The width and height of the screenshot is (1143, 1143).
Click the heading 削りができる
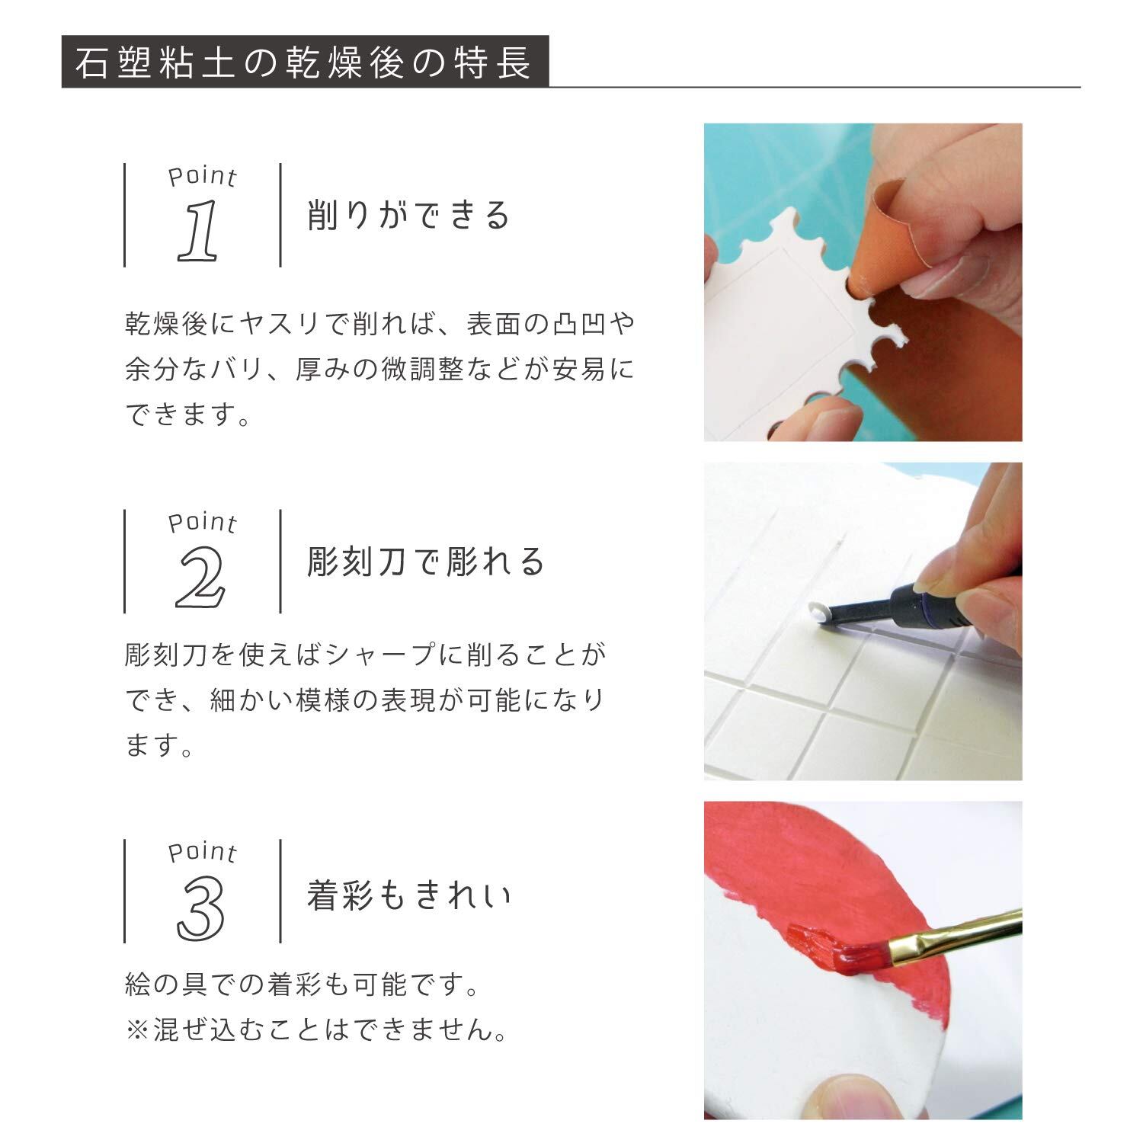coord(408,215)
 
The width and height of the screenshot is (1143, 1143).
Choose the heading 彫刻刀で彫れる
coord(425,562)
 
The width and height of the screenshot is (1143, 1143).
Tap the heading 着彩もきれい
coord(409,895)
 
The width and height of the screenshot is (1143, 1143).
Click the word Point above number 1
coord(203,177)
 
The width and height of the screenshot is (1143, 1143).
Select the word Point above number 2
coord(203,523)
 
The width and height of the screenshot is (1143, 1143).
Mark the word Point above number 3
coord(203,852)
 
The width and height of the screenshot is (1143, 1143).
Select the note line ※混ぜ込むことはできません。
coord(316,1031)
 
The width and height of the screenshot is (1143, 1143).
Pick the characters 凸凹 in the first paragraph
coord(579,325)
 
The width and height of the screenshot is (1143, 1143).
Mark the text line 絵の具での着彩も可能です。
coord(303,985)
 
